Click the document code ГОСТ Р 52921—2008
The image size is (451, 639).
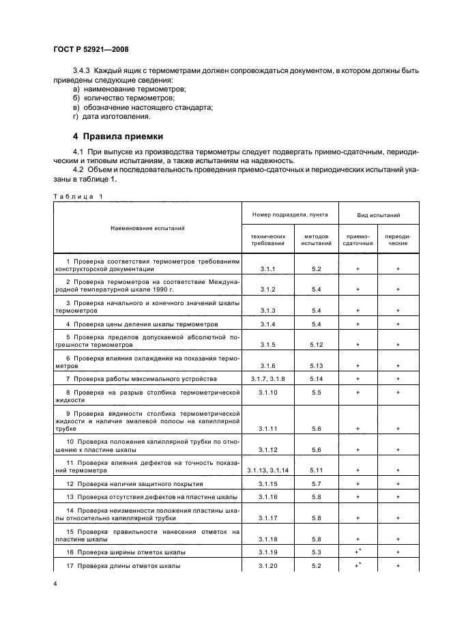[91, 50]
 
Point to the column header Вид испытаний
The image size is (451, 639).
[378, 215]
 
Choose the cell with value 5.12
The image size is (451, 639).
[315, 345]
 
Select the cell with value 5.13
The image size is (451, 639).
[315, 365]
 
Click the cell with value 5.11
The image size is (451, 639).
[315, 470]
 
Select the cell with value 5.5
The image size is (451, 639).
[315, 393]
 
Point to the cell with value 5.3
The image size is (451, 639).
[315, 552]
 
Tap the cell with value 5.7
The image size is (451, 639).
[315, 483]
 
